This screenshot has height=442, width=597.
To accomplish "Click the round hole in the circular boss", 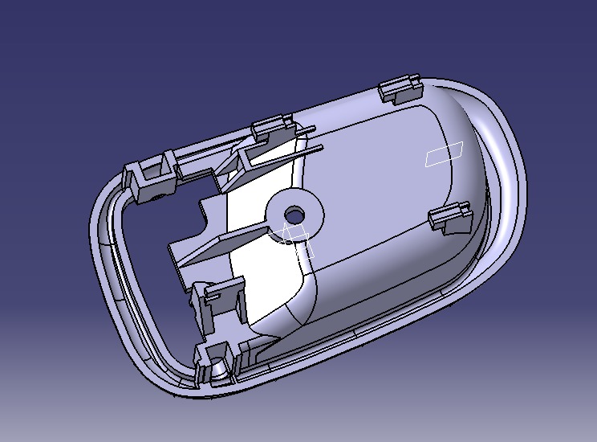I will tap(295, 215).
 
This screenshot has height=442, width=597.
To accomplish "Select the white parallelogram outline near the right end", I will tap(444, 153).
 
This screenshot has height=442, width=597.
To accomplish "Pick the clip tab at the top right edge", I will tap(399, 88).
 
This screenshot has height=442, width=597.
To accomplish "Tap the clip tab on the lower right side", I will tap(449, 218).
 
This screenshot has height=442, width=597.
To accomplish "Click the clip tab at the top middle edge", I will tap(272, 127).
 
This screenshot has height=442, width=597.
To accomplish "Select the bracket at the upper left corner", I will tap(148, 175).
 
